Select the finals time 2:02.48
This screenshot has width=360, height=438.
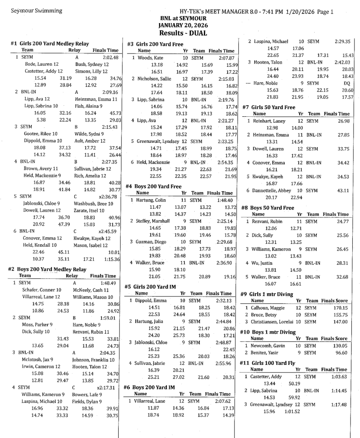pos(110,57)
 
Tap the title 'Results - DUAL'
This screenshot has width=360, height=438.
pos(183,33)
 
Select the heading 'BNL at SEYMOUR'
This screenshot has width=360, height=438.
pos(183,18)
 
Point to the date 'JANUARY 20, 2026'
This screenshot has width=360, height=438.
pos(183,25)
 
